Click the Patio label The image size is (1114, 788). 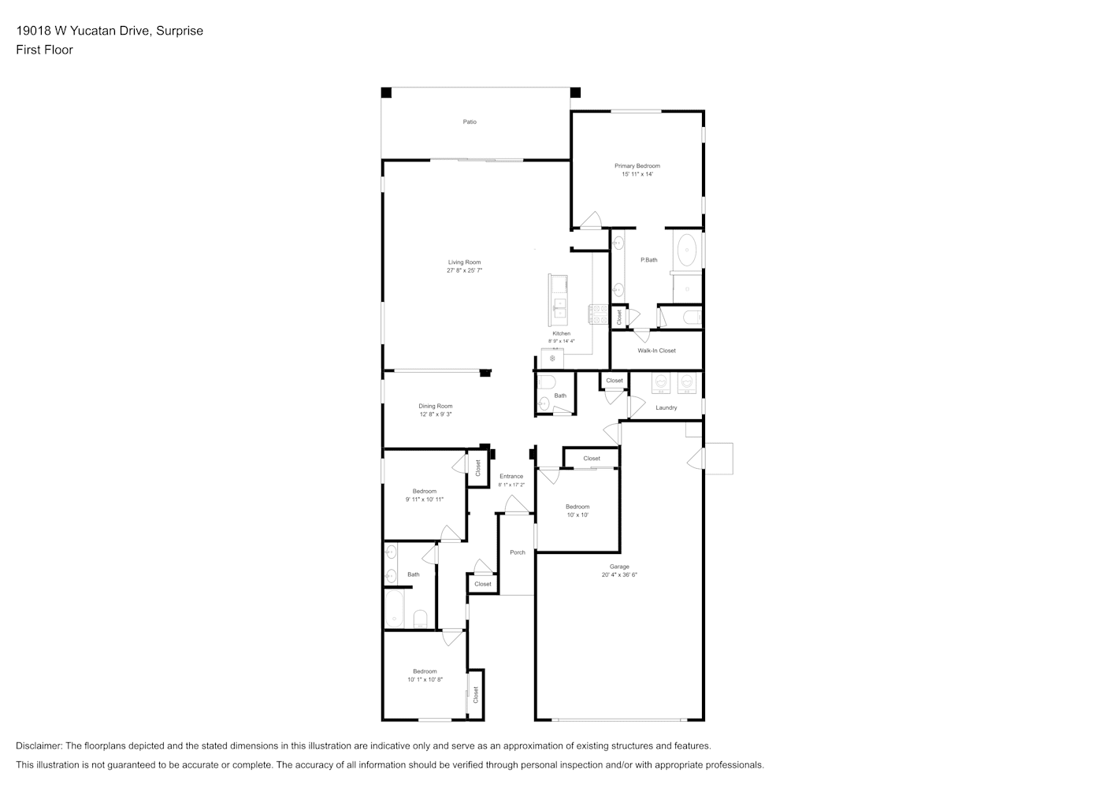click(470, 122)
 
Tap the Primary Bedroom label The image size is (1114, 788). click(637, 165)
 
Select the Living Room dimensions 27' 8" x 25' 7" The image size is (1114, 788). click(464, 270)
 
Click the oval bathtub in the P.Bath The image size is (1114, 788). click(687, 251)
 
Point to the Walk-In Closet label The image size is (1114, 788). click(656, 351)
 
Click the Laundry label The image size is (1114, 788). click(666, 408)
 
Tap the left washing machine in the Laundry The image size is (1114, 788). click(661, 382)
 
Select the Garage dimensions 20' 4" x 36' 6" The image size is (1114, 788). click(619, 574)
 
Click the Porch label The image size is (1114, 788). click(517, 552)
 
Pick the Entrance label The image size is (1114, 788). click(511, 476)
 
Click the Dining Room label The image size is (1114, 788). click(435, 406)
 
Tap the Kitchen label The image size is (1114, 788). click(561, 333)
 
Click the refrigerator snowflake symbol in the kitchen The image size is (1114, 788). click(552, 359)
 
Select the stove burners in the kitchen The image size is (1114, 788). click(598, 314)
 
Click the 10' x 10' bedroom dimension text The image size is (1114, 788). click(577, 515)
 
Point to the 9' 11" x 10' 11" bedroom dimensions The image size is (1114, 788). click(424, 500)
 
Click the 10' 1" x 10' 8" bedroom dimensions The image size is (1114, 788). click(425, 679)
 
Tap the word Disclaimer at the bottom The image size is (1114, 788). click(39, 745)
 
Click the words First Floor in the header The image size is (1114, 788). click(44, 50)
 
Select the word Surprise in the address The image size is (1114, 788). click(180, 31)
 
